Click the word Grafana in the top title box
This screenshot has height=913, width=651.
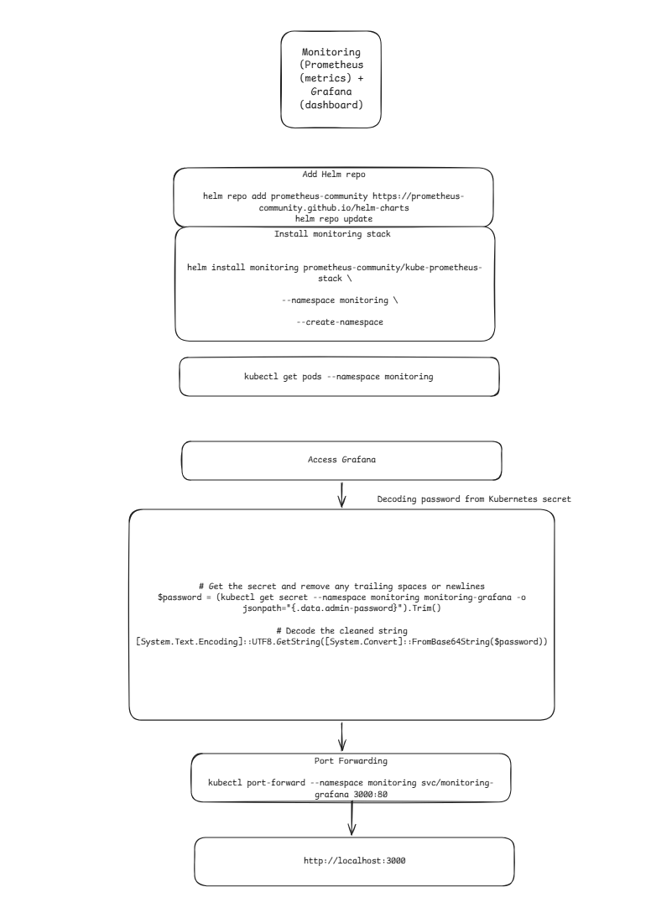coord(331,91)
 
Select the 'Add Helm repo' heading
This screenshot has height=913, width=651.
coord(334,174)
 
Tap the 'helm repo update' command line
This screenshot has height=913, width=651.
coord(334,219)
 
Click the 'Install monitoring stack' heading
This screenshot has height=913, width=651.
coord(332,234)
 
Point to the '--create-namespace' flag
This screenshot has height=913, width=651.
coord(340,322)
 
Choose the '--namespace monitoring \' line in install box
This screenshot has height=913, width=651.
coord(340,300)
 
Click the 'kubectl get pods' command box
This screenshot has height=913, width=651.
coord(339,377)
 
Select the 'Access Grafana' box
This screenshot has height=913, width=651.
coord(341,461)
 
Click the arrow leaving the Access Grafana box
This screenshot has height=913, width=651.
coord(341,494)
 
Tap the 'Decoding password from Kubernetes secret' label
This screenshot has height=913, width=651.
coord(474,499)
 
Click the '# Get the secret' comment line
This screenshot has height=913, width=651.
coord(341,587)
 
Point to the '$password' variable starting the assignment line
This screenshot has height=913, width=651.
coord(180,597)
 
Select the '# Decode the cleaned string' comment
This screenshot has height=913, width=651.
coord(341,630)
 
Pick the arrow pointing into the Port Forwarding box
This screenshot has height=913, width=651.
coord(341,737)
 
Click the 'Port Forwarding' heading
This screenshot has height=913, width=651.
coord(351,761)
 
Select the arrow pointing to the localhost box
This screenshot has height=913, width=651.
coord(352,818)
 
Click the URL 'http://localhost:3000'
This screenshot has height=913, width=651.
coord(355,861)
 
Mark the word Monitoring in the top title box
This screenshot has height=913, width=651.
coord(331,52)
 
